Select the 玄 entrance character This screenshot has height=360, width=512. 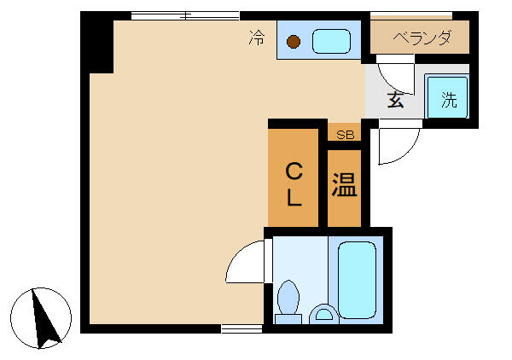tap(396, 99)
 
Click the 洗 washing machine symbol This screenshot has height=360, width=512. tap(449, 98)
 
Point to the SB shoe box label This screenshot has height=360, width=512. tap(345, 134)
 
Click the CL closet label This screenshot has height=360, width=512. tap(294, 184)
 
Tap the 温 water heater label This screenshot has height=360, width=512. tap(344, 185)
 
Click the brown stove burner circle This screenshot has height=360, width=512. tap(294, 41)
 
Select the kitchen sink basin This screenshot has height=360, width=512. tap(331, 40)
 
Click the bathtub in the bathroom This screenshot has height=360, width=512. tap(357, 278)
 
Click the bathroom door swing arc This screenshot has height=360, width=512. tap(245, 262)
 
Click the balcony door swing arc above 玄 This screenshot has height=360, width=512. tap(395, 72)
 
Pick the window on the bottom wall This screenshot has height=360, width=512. tap(241, 328)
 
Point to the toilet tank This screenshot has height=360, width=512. tap(289, 319)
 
